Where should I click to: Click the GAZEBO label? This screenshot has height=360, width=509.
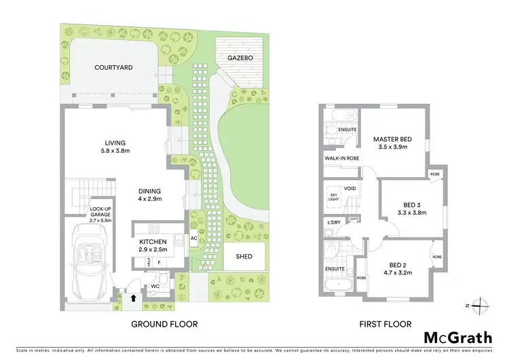point(240,59)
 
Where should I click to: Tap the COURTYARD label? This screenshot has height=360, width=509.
point(113,67)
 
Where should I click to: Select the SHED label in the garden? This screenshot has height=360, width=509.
point(244,256)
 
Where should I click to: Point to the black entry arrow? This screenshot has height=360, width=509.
point(133,296)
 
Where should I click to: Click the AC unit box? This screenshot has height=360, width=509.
point(193,239)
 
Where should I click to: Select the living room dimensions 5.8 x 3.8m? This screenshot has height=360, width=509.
point(115,151)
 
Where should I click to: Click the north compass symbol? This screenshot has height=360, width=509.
point(481,305)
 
